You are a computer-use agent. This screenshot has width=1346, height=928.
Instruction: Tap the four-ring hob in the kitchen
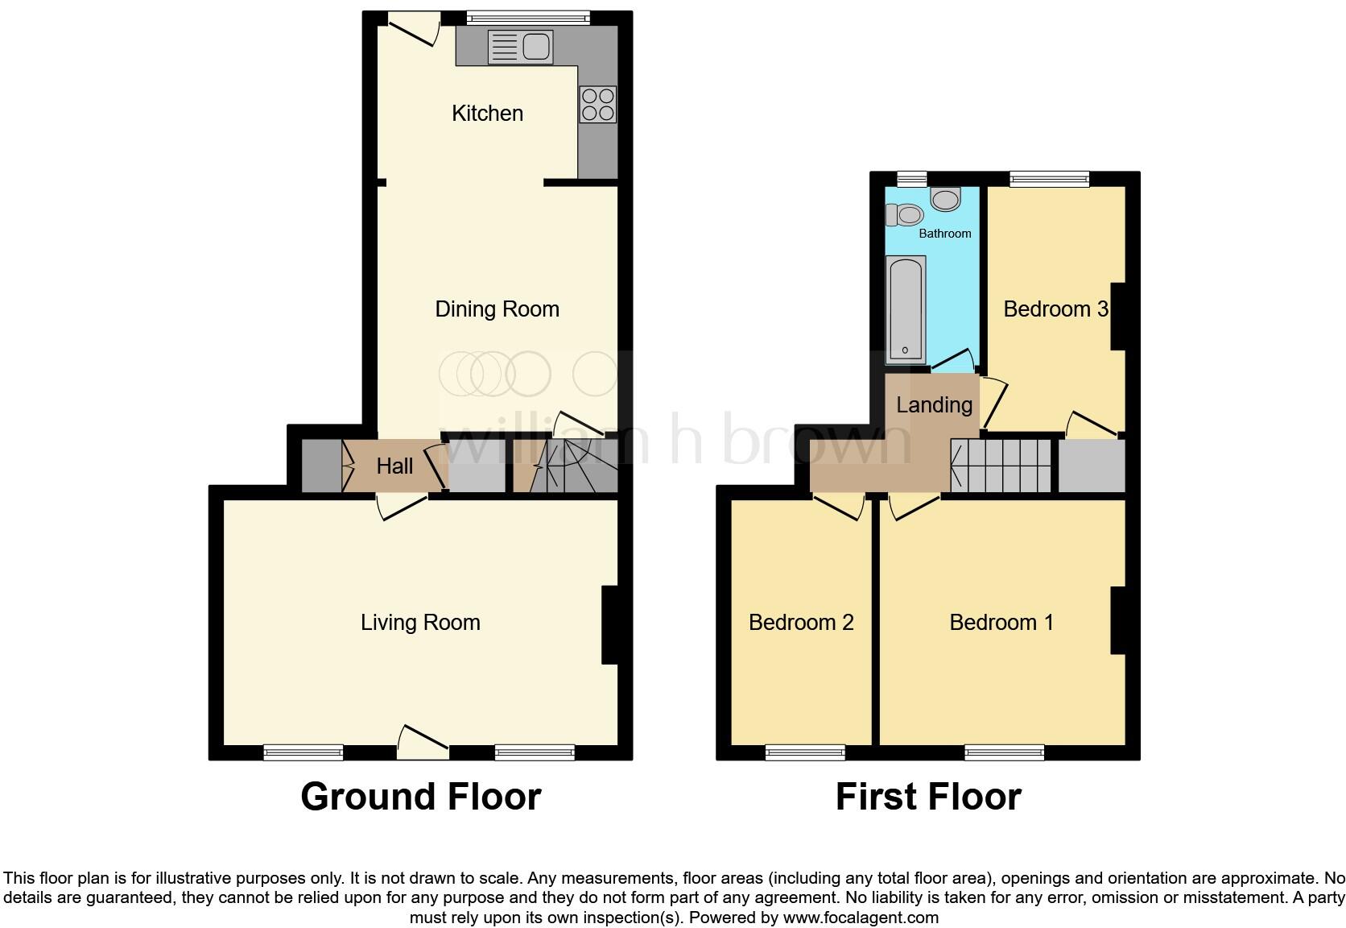pos(597,105)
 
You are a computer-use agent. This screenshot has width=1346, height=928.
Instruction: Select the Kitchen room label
pos(487,114)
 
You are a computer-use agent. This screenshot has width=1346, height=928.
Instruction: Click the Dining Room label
pos(497,309)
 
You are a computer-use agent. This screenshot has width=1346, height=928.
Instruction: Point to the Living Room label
pos(420,623)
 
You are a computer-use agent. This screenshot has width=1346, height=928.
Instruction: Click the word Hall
pos(394,466)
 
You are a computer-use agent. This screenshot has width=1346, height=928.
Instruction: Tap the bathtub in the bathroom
pos(906,309)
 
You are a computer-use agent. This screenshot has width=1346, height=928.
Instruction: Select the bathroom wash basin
pos(945,198)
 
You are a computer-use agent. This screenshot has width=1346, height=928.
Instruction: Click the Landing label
pos(934,404)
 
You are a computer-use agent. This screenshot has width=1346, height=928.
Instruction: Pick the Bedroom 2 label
pos(801,623)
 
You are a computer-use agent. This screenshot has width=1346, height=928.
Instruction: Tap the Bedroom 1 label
pos(1001,623)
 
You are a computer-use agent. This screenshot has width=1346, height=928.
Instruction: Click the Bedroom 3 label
pos(1055,309)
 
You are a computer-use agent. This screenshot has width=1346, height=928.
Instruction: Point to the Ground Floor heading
pos(420,797)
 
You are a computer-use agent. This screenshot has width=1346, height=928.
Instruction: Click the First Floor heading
pos(928,797)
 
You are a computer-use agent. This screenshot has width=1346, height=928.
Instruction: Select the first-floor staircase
pos(1001,466)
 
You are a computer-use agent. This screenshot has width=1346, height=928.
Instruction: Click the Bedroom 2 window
pos(805,753)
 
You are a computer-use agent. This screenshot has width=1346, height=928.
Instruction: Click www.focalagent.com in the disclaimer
pos(861,918)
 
